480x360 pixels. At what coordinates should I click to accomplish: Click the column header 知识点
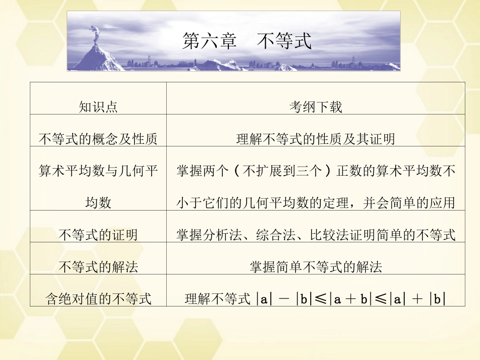tap(98, 107)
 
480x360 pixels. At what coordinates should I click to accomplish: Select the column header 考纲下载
tap(316, 107)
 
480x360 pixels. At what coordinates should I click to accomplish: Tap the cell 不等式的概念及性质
tap(98, 139)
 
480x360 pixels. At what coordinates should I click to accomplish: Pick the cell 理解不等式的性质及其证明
tap(316, 139)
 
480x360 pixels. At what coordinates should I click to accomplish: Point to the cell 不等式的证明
tap(98, 235)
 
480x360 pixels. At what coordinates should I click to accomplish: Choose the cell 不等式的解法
tap(98, 267)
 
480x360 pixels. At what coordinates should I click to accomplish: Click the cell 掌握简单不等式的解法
tap(316, 267)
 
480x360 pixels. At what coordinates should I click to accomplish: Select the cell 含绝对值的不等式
tap(98, 298)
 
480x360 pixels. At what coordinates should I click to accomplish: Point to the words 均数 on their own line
tap(98, 203)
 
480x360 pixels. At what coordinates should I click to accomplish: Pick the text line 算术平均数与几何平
tap(98, 171)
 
